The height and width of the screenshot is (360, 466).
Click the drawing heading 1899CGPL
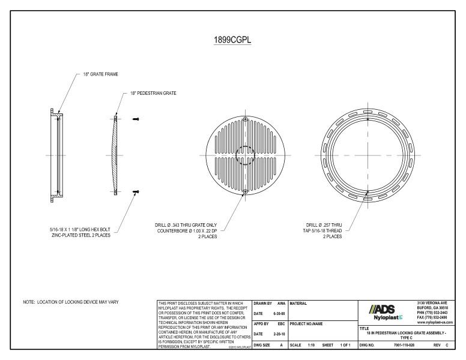233,41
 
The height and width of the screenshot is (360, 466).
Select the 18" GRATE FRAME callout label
100,75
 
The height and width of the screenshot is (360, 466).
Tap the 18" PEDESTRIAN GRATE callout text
154,94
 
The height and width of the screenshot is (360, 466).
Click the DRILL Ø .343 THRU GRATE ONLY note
186,226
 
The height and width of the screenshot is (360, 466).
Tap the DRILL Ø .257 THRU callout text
324,226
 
